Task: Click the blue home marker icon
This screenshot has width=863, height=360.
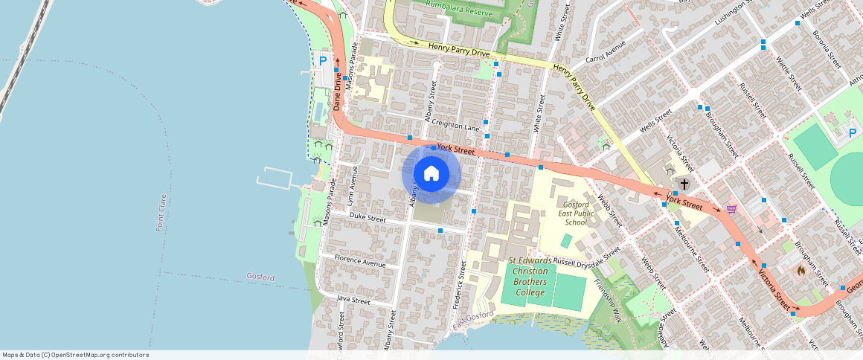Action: (431, 174)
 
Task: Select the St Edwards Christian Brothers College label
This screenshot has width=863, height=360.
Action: (530, 271)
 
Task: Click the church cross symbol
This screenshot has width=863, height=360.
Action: (684, 183)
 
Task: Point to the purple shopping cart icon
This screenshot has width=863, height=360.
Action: (731, 210)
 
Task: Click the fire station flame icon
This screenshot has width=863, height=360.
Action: (801, 271)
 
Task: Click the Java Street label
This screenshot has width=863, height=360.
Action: (353, 300)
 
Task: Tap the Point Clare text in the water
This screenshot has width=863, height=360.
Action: (161, 213)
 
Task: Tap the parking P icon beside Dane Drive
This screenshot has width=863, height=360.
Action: (323, 60)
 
